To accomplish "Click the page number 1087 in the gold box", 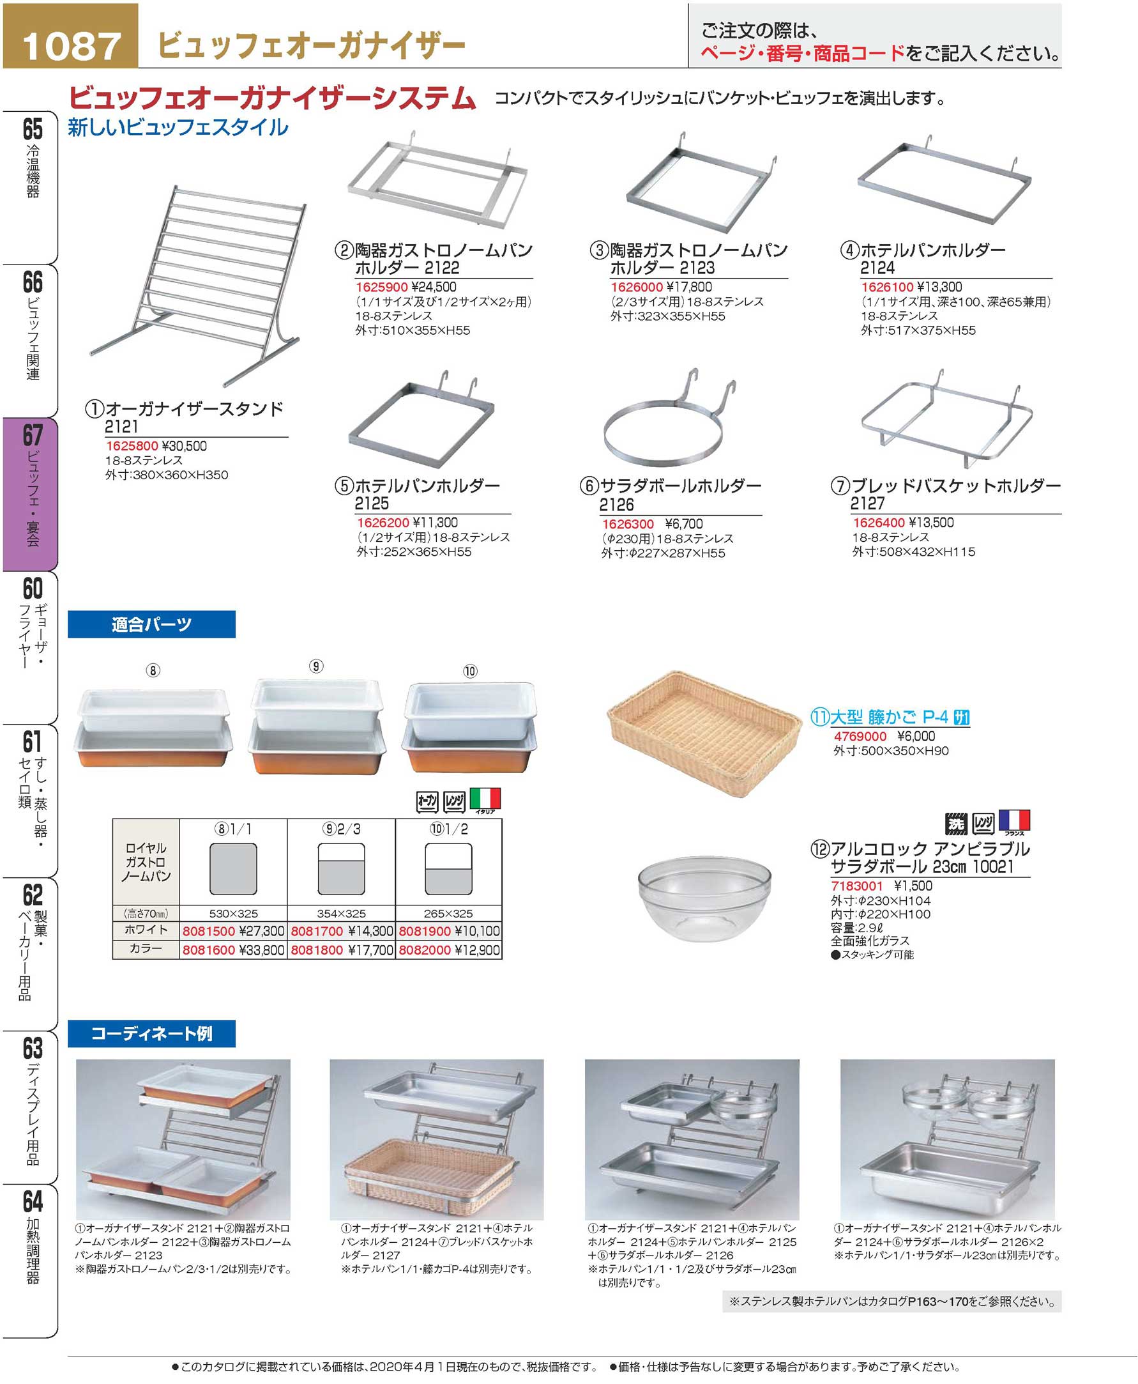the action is coord(72,45).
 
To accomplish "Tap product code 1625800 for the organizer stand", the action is coord(132,446).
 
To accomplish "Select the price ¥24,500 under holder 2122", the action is coord(434,287).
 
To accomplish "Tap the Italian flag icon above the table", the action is coord(485,799).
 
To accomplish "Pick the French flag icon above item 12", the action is coord(1014,820).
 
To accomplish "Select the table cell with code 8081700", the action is coord(342,931).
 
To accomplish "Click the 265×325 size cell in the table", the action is coord(448,913).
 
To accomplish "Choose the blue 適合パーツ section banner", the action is coord(151,624).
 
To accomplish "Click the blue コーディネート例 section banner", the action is coord(151,1033).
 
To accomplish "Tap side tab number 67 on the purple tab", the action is coord(33,436).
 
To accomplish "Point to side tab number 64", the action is coord(33,1202).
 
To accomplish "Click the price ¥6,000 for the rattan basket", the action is coord(916,736).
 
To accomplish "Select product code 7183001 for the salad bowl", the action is coord(857,886).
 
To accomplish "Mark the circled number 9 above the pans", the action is coord(316,666).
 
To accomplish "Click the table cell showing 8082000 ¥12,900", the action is coord(449,950).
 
